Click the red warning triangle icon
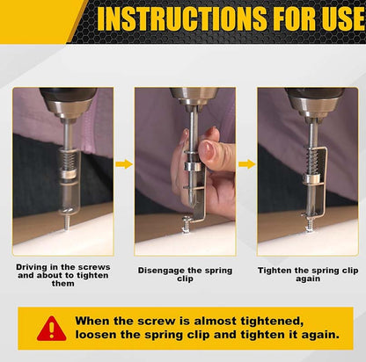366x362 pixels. click(51, 329)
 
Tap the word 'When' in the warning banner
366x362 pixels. click(97, 322)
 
